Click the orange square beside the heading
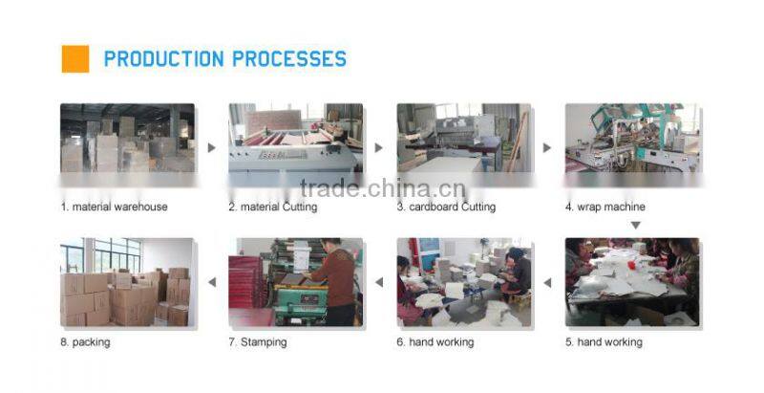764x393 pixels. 75,59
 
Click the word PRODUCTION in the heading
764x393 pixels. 163,59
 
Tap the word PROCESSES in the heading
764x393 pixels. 289,59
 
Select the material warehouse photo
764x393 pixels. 128,138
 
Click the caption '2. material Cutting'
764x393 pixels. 273,207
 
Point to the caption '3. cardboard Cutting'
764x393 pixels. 446,207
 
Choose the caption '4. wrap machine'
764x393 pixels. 605,207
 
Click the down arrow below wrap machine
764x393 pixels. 635,226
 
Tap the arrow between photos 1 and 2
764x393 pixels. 211,147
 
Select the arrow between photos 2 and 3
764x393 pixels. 379,147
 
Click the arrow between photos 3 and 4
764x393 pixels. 547,147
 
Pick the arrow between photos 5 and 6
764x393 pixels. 547,282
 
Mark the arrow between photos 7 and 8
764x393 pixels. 211,282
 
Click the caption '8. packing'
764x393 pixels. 85,342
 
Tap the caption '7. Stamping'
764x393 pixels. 258,342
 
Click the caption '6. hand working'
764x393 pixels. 435,342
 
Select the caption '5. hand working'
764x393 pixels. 604,342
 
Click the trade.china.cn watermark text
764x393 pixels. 383,188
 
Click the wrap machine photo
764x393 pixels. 632,138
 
